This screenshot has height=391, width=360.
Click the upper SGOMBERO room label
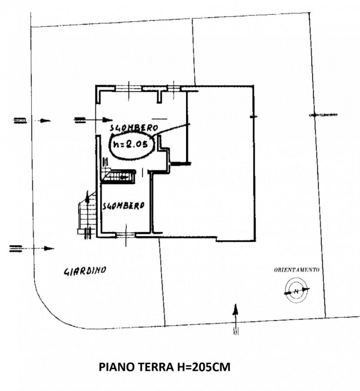(134, 128)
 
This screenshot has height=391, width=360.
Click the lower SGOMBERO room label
(124, 205)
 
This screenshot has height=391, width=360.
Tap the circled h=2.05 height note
(131, 145)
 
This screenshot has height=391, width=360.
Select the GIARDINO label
(85, 271)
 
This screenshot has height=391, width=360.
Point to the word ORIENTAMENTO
(296, 270)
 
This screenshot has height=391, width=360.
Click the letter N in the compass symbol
(296, 291)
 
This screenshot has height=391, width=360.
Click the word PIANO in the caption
(117, 367)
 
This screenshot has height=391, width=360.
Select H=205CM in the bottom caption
(204, 367)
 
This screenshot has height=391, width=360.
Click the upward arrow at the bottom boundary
(235, 319)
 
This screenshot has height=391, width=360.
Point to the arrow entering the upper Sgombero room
(93, 120)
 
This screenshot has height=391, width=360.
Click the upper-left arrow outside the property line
(32, 120)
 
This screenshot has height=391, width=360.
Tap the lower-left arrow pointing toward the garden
(32, 248)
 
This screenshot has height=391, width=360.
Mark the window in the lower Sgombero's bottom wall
(126, 235)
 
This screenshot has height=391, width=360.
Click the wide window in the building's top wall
(128, 88)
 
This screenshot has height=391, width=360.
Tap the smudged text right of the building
(323, 115)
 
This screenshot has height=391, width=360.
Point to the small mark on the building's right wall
(254, 116)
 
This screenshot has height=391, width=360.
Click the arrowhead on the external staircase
(87, 196)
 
